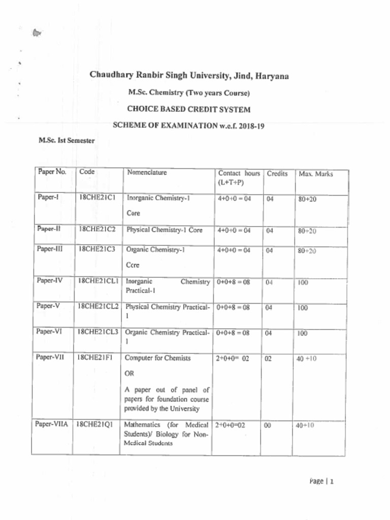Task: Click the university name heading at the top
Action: (189, 76)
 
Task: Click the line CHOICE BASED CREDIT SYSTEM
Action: (188, 109)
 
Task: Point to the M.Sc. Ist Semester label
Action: (67, 141)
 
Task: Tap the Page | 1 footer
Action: (321, 481)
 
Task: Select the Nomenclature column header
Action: (147, 173)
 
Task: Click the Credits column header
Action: (277, 174)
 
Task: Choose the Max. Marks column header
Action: (316, 174)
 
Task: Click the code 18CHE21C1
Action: (97, 199)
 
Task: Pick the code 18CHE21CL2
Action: (99, 307)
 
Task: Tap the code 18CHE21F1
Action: (95, 358)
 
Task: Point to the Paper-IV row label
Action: (49, 280)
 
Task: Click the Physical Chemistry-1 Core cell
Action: (164, 230)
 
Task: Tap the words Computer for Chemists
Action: (158, 358)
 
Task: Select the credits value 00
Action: (269, 426)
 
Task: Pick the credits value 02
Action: (269, 359)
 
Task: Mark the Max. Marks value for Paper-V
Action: (303, 308)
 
